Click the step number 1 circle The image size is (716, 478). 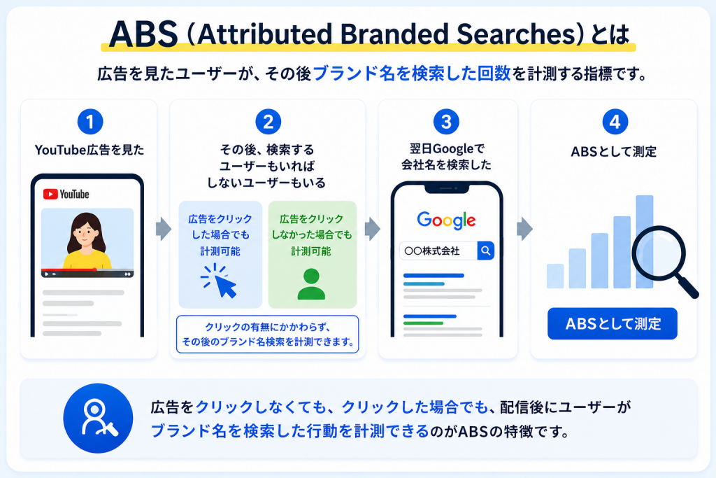(90, 122)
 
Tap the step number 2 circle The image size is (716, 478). (268, 122)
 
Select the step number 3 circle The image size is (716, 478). (446, 122)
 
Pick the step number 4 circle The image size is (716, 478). (615, 122)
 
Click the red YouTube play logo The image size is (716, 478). (50, 195)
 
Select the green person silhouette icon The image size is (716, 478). (311, 283)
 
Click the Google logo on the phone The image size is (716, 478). (446, 220)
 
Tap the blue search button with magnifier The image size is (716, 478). (485, 251)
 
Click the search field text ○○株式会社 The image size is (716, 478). (432, 251)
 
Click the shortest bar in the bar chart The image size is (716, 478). (555, 276)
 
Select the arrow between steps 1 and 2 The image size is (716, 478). (163, 229)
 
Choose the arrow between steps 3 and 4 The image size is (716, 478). (524, 229)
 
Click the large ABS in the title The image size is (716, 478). (143, 34)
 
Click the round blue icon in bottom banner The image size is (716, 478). (98, 418)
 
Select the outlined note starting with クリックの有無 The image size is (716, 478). (268, 335)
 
